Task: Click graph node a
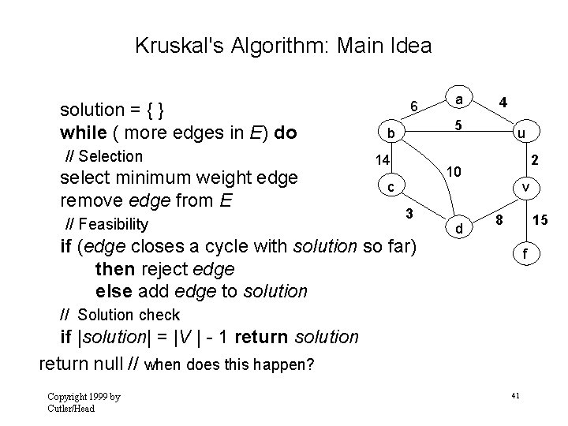(459, 99)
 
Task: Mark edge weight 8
(499, 219)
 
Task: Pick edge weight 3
(409, 213)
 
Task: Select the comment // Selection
(103, 156)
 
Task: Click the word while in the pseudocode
(81, 132)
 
